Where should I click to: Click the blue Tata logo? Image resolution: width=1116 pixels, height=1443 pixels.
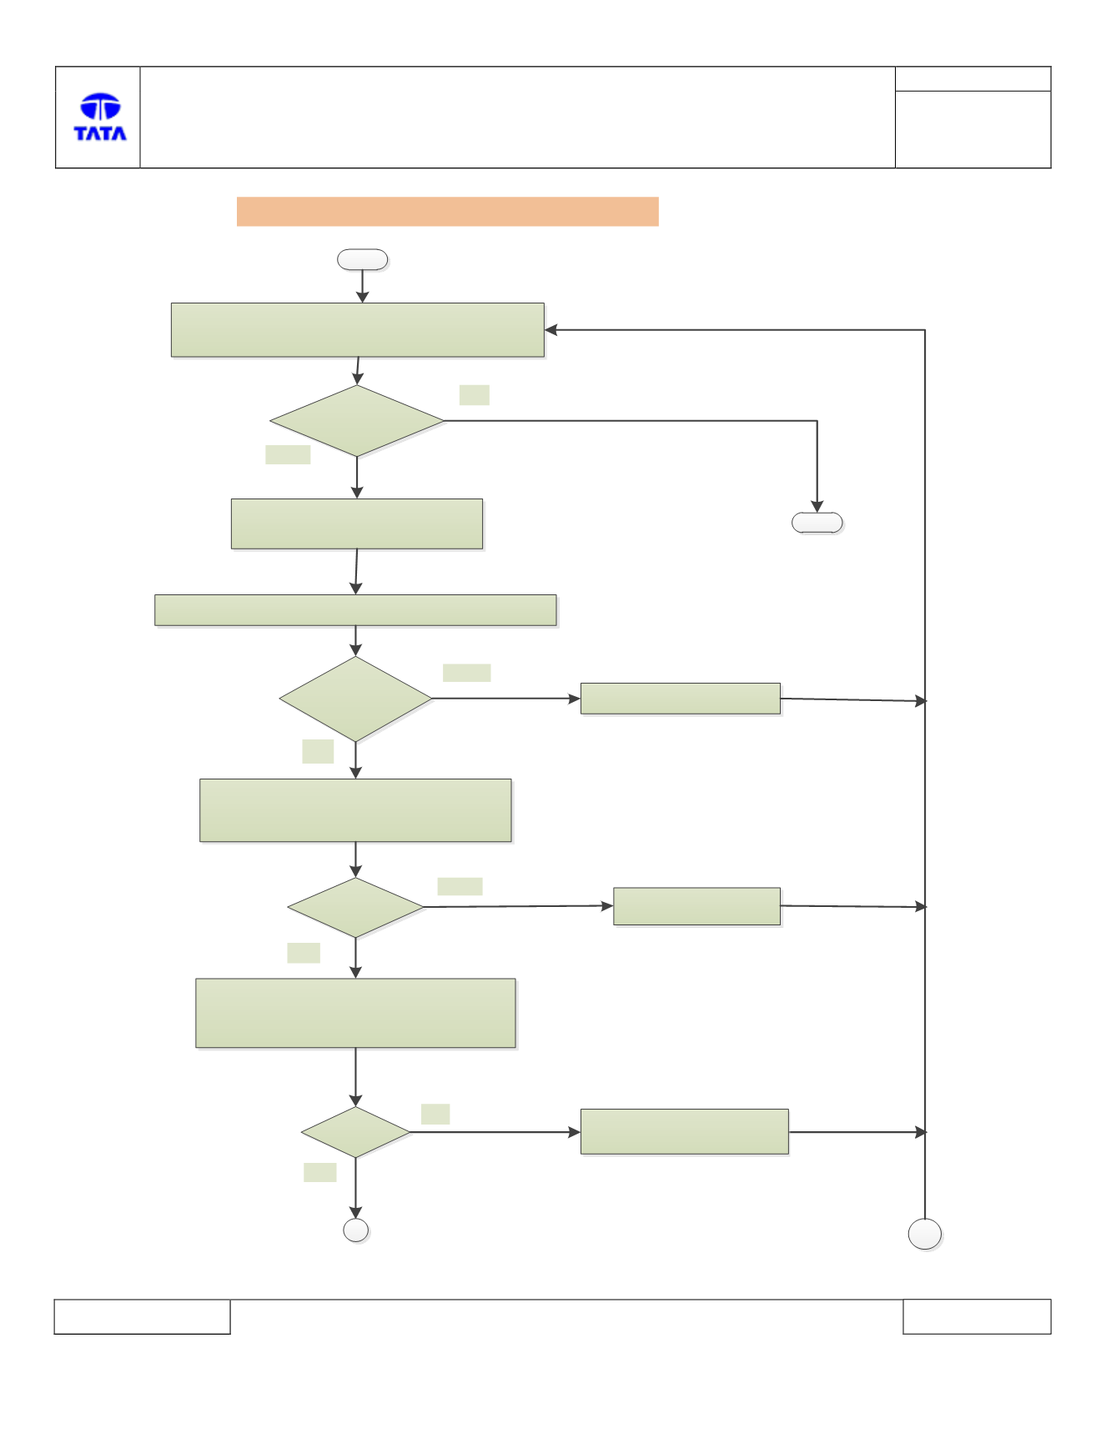click(x=100, y=117)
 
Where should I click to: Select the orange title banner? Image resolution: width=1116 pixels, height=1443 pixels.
click(x=447, y=212)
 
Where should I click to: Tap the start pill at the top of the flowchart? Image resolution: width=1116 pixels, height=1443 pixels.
click(x=362, y=259)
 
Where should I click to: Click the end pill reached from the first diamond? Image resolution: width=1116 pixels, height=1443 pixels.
click(x=817, y=523)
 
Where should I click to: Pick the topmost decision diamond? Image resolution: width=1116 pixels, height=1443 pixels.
click(x=357, y=421)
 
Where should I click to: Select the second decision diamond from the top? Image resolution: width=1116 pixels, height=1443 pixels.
click(x=356, y=699)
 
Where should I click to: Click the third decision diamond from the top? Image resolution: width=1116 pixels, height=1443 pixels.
click(x=356, y=907)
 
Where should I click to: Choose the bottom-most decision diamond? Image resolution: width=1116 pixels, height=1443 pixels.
click(x=356, y=1132)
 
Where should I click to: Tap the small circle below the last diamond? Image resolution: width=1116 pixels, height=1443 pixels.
click(x=356, y=1230)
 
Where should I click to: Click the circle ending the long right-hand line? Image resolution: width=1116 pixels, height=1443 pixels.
click(x=925, y=1234)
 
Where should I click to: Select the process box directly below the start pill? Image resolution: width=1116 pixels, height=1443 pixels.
click(x=358, y=330)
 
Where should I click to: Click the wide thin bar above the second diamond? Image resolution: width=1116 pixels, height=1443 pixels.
click(x=355, y=610)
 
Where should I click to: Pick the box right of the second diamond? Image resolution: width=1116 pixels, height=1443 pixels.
click(x=681, y=699)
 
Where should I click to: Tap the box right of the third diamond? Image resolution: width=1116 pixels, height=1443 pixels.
click(x=697, y=906)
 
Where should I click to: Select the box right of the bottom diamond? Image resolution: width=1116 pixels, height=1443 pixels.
click(x=685, y=1131)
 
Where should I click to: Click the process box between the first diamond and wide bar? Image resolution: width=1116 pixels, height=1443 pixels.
click(x=357, y=524)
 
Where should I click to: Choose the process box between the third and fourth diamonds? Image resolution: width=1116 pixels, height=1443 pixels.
click(x=356, y=1013)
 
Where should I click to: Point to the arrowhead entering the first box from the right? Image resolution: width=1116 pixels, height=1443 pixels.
click(x=551, y=330)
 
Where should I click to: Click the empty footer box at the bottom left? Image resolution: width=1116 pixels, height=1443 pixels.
click(x=142, y=1316)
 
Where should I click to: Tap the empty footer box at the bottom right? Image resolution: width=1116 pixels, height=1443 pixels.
click(x=977, y=1316)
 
